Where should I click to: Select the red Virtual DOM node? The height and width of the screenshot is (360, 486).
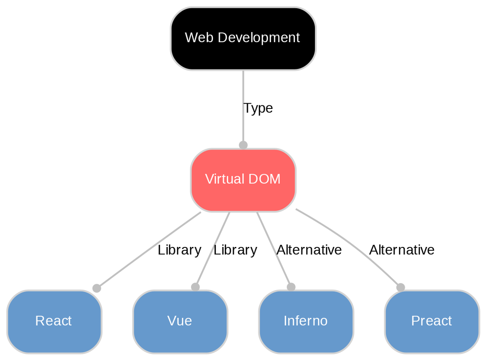tap(243, 194)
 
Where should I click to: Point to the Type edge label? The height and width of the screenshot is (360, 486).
tap(258, 108)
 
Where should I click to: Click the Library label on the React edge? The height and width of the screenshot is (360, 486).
tap(179, 250)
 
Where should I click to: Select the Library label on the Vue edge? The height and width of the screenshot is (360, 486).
tap(235, 250)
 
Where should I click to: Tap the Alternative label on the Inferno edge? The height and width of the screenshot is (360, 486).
tap(309, 250)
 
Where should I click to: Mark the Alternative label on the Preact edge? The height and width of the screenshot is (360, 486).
tap(402, 250)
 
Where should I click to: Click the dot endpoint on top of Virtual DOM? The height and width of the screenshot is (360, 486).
tap(243, 145)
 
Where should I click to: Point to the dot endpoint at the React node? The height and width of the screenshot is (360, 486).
tap(96, 288)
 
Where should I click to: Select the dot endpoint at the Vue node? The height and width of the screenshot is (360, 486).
tap(195, 287)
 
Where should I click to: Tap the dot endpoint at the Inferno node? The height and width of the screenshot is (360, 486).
tap(291, 287)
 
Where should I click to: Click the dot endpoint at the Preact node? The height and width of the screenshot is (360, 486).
tap(401, 287)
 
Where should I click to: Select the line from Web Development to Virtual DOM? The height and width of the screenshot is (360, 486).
tap(243, 89)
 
